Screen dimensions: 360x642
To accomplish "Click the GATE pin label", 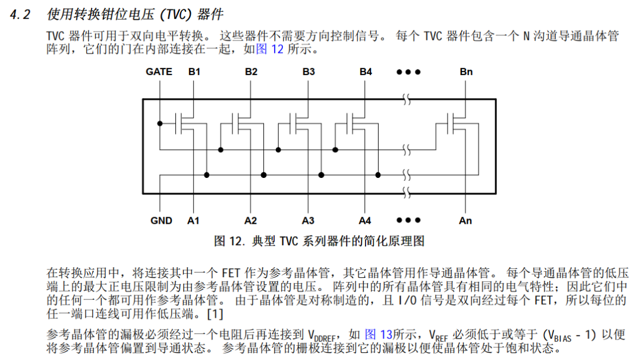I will click(159, 72).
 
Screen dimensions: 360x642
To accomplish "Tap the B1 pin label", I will click(194, 72).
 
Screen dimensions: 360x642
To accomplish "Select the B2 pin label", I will click(251, 72).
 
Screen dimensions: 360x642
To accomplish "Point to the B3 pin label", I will click(308, 72).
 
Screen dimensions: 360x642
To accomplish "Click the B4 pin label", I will click(365, 72).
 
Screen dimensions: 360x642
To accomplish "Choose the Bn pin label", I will click(465, 72).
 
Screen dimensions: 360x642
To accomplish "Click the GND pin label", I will click(160, 221).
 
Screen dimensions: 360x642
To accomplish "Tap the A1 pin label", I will click(193, 221).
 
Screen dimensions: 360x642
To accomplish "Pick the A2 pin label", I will click(250, 221).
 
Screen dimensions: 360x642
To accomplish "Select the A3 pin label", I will click(307, 221).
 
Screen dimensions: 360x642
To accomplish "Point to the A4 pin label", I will click(365, 221).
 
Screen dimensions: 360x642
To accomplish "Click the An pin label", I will click(465, 221).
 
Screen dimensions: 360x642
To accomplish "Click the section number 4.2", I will click(20, 15).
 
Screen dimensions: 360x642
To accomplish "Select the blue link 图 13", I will click(378, 334).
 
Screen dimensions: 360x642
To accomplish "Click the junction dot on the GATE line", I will click(159, 123).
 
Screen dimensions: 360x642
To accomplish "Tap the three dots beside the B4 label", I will click(409, 72).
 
